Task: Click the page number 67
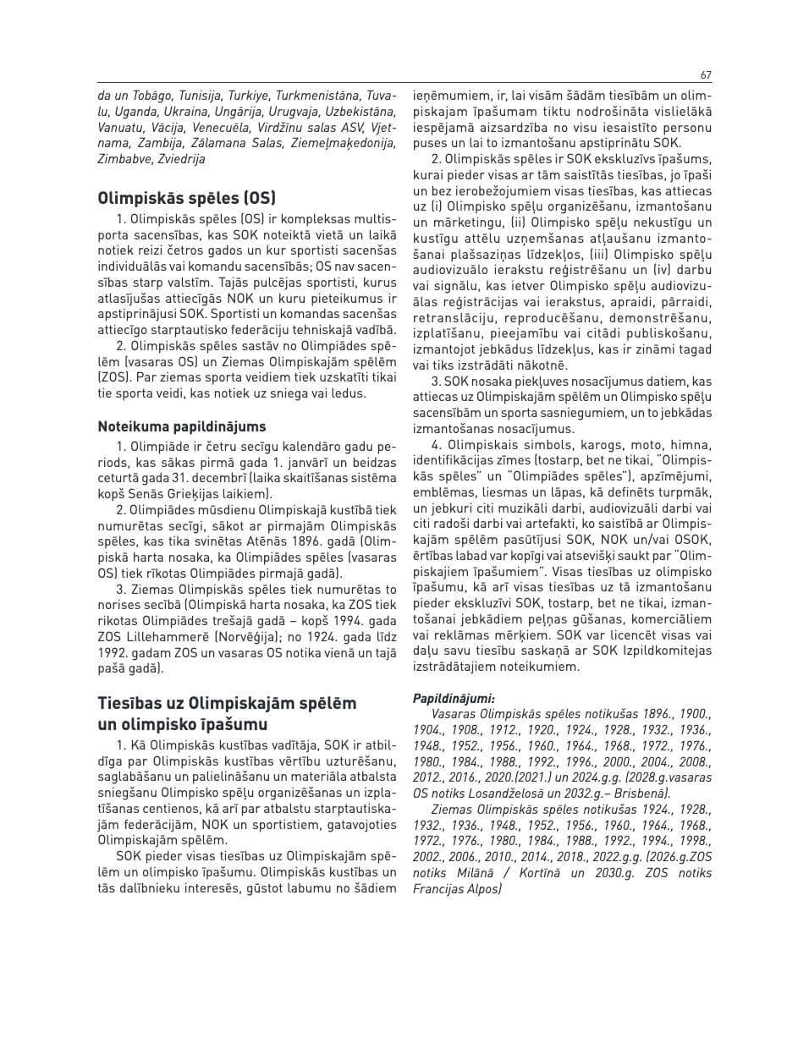point(706,75)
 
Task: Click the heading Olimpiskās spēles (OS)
point(186,199)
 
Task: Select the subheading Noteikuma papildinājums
point(181,426)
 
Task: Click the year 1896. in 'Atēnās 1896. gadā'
point(289,539)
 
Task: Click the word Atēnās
point(246,539)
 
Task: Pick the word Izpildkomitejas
point(664,651)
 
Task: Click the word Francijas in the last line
point(443,889)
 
